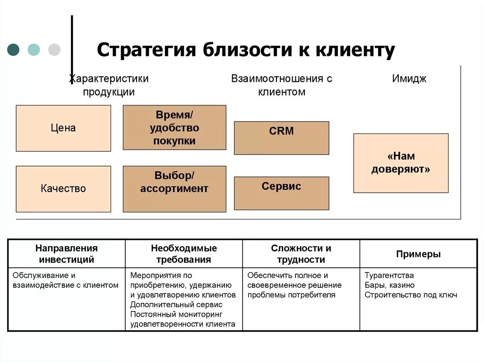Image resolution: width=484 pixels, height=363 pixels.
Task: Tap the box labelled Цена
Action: pyautogui.click(x=63, y=128)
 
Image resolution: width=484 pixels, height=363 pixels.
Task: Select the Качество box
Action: pyautogui.click(x=63, y=189)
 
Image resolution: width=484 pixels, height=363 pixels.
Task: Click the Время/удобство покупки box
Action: pyautogui.click(x=174, y=128)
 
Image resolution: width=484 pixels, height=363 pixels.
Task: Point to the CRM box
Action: pyautogui.click(x=281, y=138)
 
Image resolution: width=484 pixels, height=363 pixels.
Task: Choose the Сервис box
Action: pyautogui.click(x=281, y=193)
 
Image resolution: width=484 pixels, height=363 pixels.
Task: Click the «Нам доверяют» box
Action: pyautogui.click(x=401, y=163)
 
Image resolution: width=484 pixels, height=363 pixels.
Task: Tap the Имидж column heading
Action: pyautogui.click(x=409, y=79)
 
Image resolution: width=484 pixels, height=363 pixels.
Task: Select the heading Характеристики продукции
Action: pyautogui.click(x=109, y=85)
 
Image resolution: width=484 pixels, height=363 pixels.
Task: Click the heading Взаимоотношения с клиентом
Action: pyautogui.click(x=281, y=85)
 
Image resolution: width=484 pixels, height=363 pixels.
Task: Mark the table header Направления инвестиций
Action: pyautogui.click(x=67, y=254)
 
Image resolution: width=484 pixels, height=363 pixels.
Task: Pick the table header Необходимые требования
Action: pyautogui.click(x=184, y=254)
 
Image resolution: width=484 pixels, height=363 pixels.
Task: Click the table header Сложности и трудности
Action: pyautogui.click(x=301, y=254)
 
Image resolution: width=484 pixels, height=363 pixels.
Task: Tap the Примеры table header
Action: pyautogui.click(x=418, y=254)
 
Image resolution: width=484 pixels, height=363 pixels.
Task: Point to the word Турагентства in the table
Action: pyautogui.click(x=389, y=275)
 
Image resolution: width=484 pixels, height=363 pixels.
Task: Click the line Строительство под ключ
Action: pyautogui.click(x=411, y=295)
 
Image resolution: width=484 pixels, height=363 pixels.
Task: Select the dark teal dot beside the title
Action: pyautogui.click(x=14, y=50)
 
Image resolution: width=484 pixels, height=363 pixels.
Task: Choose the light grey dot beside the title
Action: pyautogui.click(x=54, y=50)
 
